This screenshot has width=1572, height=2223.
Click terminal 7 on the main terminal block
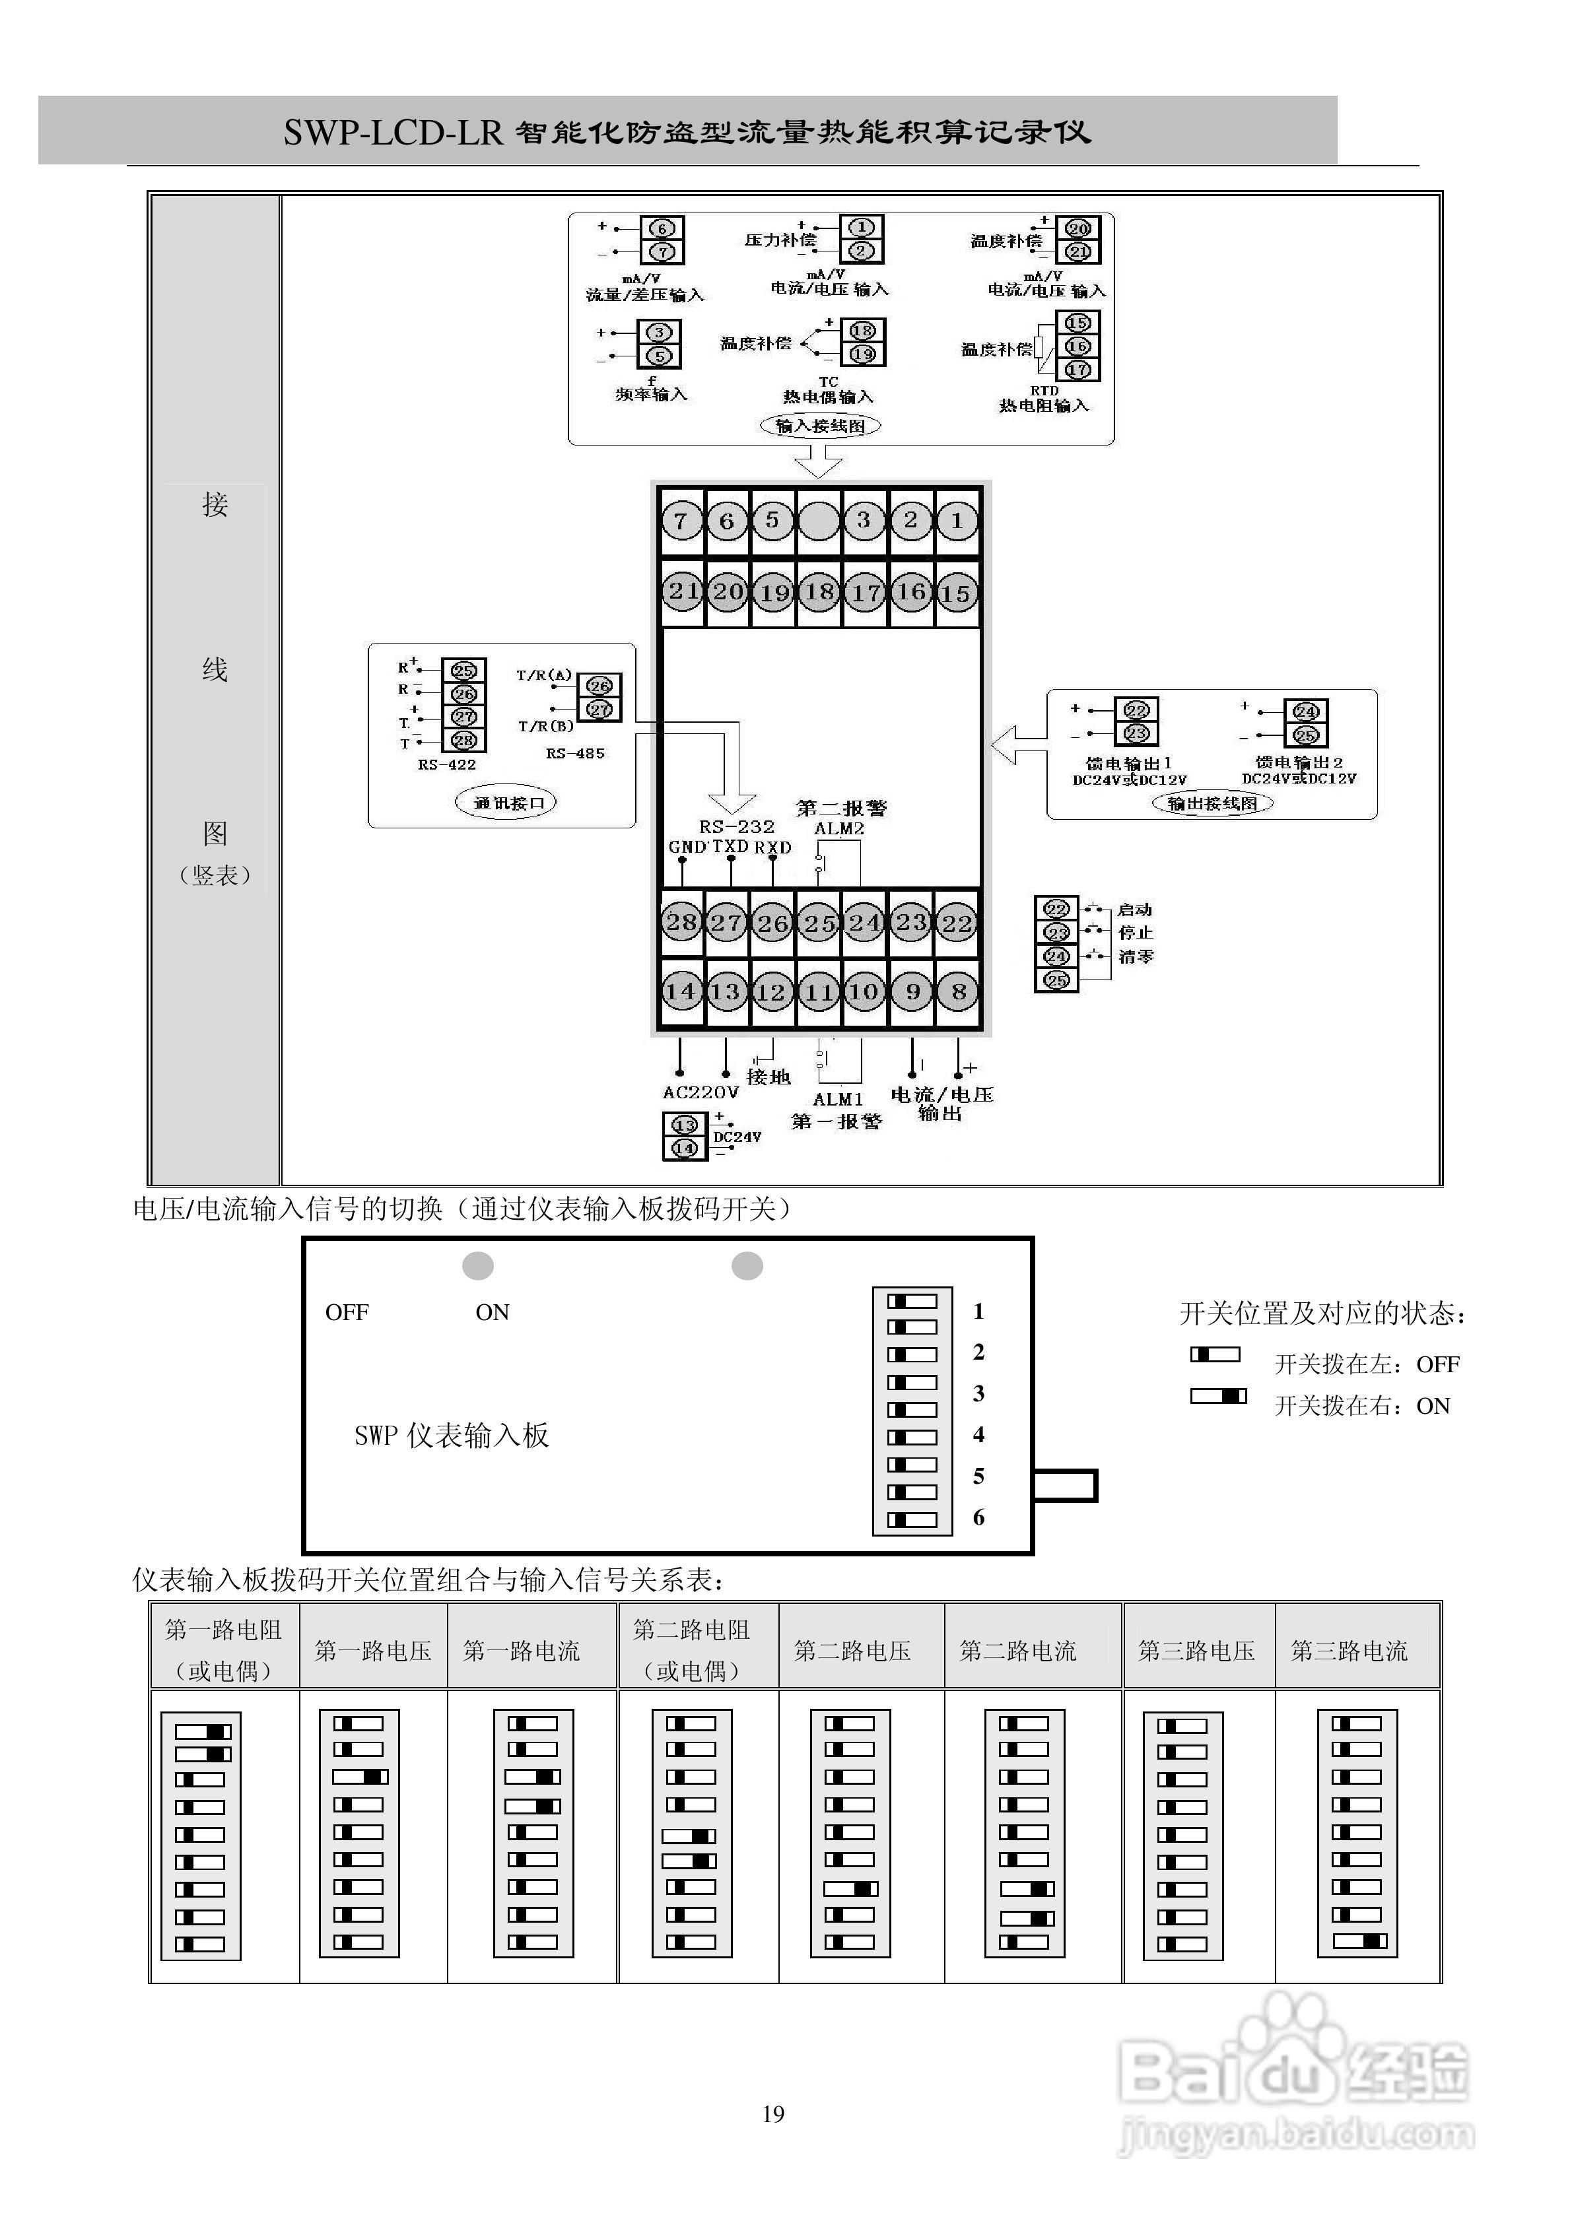681,521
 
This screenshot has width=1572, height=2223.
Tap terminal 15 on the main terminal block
956,593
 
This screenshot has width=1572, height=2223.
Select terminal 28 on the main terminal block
681,921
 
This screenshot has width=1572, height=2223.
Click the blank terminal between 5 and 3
819,521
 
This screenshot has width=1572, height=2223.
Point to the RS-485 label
575,753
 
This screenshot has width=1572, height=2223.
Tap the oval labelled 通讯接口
506,803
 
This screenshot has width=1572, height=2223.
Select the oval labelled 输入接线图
821,426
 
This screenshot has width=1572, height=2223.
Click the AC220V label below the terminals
701,1093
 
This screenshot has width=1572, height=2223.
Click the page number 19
773,2113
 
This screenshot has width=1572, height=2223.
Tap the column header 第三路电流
1350,1651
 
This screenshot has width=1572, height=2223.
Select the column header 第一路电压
373,1651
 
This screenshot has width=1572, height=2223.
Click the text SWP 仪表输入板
452,1436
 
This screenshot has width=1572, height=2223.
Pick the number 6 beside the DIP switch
978,1517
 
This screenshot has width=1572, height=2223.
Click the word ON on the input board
492,1313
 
